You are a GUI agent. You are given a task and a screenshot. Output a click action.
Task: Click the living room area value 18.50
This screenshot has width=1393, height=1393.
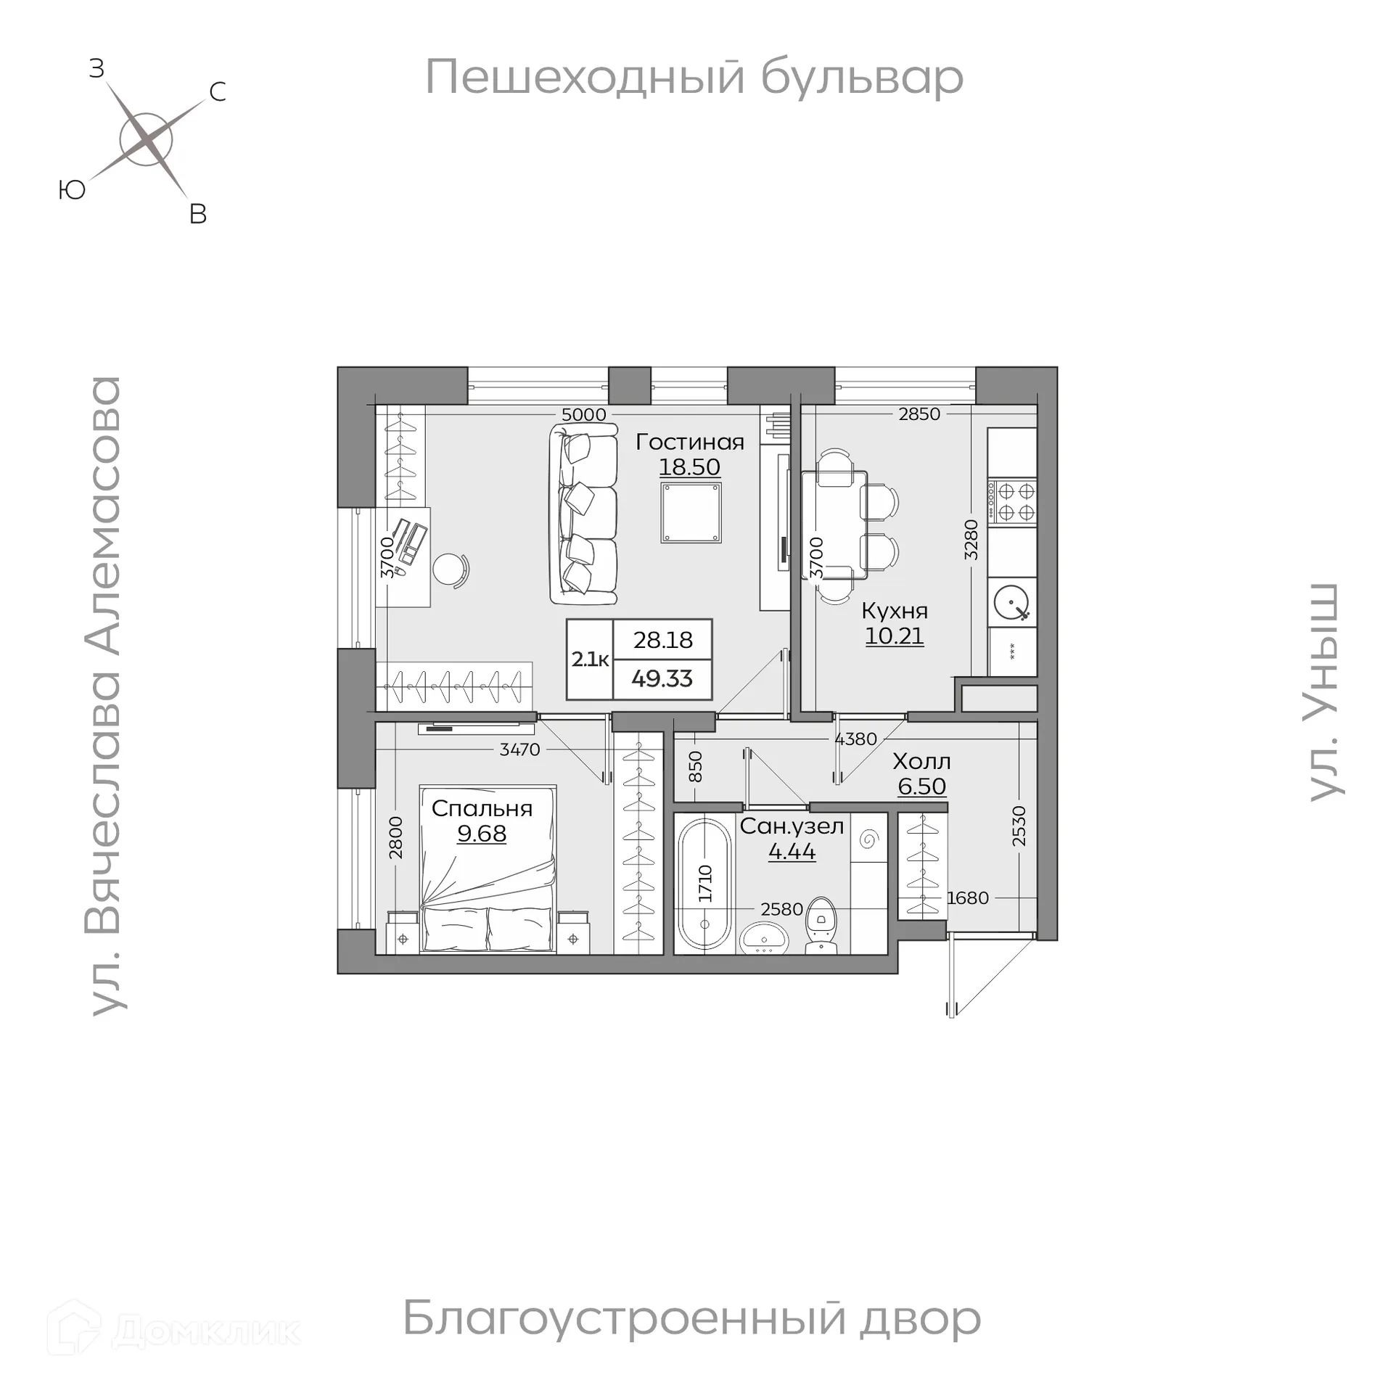pos(689,467)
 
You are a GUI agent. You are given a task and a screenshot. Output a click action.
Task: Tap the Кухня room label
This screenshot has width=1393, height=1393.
pos(894,610)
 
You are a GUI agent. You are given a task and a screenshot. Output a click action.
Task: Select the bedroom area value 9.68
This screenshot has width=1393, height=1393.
pos(482,834)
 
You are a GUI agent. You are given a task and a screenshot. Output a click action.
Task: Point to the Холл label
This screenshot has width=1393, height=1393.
pos(921,761)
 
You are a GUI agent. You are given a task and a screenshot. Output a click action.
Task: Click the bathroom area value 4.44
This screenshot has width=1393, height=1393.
pos(792,851)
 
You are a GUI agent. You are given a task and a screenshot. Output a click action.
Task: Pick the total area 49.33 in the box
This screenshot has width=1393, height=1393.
pos(662,679)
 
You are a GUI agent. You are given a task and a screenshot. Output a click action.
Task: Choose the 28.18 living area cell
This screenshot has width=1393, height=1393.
pos(662,640)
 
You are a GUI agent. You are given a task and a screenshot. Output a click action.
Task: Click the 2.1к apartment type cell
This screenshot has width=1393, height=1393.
pos(590,659)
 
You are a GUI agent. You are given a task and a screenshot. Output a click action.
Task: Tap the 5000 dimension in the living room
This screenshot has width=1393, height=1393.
pos(584,414)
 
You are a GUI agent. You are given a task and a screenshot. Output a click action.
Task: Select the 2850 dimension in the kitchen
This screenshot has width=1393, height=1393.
pos(919,414)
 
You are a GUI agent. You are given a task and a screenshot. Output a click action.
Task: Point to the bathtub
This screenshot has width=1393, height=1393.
pos(704,883)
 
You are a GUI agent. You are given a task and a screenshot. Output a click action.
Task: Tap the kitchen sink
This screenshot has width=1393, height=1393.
pos(1012,602)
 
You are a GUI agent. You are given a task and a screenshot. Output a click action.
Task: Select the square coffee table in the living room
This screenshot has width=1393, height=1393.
pos(691,512)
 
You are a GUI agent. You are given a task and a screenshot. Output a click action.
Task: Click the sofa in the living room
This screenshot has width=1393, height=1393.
pos(584,514)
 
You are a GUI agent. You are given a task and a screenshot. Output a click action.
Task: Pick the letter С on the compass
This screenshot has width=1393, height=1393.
pos(217,92)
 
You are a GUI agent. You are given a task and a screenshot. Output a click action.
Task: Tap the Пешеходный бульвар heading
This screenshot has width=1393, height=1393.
pos(694,78)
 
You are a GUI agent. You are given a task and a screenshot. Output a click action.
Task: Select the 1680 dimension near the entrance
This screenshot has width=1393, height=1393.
pos(968,898)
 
